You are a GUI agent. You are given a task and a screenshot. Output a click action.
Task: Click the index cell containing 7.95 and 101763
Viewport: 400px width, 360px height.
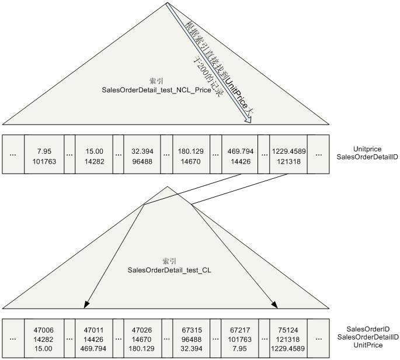[x=44, y=154]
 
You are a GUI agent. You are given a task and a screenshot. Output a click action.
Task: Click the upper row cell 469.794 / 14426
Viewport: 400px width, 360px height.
[x=240, y=154]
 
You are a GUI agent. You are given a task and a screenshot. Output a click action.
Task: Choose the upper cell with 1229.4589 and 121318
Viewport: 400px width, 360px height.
[x=288, y=154]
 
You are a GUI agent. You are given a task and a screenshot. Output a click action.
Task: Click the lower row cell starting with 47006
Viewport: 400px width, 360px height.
[x=44, y=338]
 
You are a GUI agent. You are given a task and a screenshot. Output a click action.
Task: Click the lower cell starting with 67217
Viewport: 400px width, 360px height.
[x=240, y=338]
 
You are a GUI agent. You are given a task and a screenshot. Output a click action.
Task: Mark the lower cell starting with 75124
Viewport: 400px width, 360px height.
[x=288, y=338]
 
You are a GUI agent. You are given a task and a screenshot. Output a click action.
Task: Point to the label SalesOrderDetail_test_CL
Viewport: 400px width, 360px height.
[x=168, y=270]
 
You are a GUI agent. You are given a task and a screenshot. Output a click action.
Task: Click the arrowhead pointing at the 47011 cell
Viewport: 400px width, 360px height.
[x=87, y=304]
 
